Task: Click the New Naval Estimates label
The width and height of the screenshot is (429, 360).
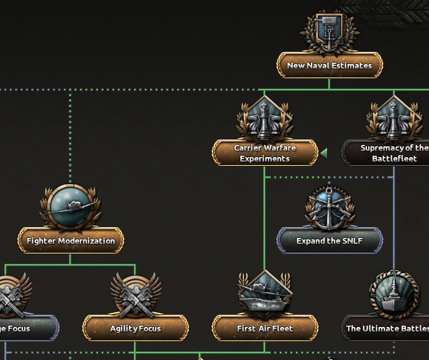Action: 329,66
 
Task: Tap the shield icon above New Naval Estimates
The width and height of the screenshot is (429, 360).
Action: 329,32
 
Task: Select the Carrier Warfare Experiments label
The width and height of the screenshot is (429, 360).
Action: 265,153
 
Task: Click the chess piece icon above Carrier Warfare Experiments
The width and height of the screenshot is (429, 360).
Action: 264,119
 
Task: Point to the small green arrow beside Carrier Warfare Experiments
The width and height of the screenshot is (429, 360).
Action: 324,153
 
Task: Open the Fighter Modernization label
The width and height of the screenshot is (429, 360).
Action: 71,241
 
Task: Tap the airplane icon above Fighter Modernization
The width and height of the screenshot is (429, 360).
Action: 70,207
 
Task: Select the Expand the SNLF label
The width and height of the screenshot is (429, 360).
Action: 329,241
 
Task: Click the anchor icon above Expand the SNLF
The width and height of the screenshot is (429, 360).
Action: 329,207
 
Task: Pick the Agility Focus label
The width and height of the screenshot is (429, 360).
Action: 136,328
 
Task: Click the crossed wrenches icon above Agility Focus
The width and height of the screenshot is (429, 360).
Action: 135,295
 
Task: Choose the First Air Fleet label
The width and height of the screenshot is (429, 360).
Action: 265,328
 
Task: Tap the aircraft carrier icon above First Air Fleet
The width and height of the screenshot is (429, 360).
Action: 264,295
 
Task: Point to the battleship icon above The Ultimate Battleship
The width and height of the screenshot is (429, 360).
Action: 394,295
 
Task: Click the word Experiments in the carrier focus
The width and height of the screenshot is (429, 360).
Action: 265,159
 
